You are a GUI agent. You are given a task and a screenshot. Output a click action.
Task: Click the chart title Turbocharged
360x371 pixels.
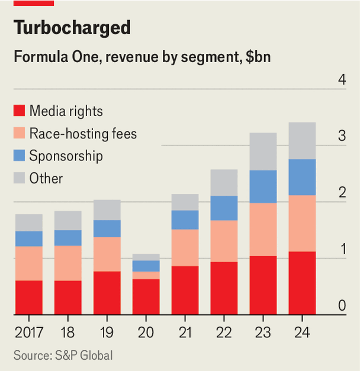(x=72, y=27)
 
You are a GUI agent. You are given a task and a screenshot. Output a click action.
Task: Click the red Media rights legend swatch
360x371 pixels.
(x=20, y=111)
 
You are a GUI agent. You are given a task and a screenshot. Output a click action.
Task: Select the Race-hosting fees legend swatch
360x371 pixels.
(x=20, y=134)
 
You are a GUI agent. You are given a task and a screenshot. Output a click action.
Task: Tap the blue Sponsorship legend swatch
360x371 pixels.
(x=20, y=156)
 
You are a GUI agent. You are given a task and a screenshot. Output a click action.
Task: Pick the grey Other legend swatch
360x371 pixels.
(x=20, y=178)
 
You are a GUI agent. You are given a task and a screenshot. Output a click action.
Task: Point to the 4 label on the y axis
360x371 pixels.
(x=342, y=79)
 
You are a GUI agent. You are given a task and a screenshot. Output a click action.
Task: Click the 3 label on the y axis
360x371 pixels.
(x=342, y=136)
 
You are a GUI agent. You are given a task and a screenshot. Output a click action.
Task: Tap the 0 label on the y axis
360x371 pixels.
(x=342, y=305)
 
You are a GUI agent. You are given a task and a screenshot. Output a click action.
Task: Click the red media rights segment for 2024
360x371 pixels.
(x=302, y=283)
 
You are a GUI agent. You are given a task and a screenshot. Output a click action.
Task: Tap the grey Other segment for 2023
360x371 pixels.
(x=263, y=151)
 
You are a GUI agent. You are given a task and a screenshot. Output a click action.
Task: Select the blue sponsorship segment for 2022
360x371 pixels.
(x=224, y=208)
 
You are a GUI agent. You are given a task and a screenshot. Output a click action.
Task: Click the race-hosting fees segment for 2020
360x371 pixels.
(x=146, y=275)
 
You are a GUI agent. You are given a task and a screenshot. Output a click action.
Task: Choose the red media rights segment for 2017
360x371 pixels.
(x=28, y=297)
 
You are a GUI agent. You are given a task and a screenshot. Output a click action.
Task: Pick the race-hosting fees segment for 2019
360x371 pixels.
(x=107, y=254)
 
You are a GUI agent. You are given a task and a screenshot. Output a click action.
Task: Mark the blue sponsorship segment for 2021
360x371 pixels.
(x=185, y=220)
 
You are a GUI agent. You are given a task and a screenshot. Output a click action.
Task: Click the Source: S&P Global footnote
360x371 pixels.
(x=63, y=355)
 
